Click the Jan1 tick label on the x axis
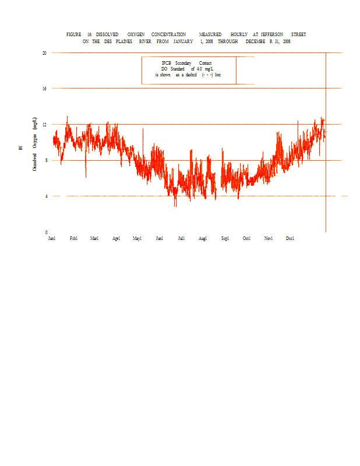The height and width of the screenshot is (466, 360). (x=52, y=238)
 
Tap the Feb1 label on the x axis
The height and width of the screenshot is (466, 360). (x=73, y=238)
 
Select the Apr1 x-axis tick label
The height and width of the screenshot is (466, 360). (x=116, y=238)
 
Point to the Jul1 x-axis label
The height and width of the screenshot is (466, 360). (x=181, y=238)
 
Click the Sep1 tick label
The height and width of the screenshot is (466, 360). (x=225, y=238)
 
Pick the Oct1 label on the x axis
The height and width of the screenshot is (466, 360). (x=246, y=238)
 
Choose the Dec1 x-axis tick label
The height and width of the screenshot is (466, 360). (x=290, y=238)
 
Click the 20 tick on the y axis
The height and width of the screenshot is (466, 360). (x=44, y=52)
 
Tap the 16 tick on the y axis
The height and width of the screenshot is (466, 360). (x=44, y=89)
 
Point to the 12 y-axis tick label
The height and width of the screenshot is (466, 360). (x=44, y=125)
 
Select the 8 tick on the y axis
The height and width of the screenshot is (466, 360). (x=45, y=160)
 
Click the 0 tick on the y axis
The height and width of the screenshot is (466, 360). (x=45, y=232)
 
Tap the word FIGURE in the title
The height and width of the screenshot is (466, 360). (x=73, y=35)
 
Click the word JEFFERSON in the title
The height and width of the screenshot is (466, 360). (x=272, y=35)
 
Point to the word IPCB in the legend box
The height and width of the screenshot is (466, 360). (x=166, y=63)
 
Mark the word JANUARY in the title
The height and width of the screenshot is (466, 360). (x=182, y=41)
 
